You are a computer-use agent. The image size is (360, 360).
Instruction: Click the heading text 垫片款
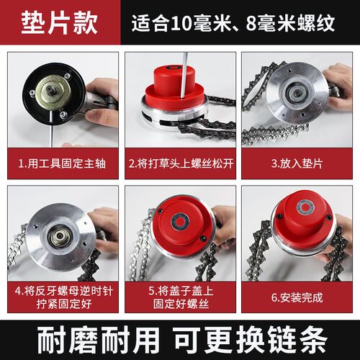coord(60,23)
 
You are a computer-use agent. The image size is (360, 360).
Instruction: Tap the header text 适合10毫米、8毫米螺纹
coord(233,23)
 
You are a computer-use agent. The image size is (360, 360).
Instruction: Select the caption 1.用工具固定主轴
coord(62,163)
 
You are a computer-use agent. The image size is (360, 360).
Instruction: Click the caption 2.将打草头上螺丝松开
coord(181,163)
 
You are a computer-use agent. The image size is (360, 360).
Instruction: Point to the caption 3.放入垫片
coord(297,163)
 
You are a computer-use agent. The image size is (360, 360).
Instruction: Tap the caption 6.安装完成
coord(297,297)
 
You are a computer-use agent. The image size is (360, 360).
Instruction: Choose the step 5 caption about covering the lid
coord(181,297)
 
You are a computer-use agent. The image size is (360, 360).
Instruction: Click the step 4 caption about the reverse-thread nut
coord(63,297)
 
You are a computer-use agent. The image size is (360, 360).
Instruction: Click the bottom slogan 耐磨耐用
coord(98,340)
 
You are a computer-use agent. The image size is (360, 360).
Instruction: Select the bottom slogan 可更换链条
coord(250,340)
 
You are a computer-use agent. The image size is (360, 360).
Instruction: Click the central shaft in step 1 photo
coord(52,91)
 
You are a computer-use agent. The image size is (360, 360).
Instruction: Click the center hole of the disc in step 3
coord(297,91)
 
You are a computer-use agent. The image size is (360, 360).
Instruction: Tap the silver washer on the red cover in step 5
coord(180,222)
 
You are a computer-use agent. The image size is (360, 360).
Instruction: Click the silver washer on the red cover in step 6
coord(305,207)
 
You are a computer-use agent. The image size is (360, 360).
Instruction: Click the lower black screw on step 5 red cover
coord(203,238)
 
